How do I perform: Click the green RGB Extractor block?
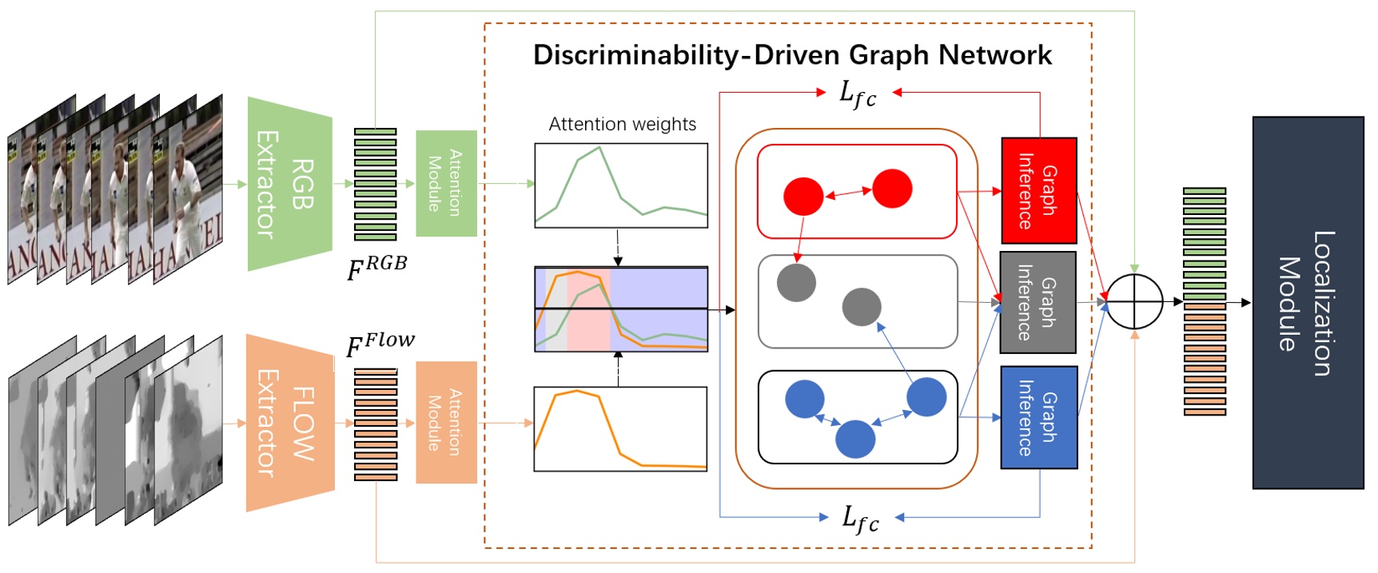289,184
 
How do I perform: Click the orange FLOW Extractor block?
289,423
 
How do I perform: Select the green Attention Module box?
446,183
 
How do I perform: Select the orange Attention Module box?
446,422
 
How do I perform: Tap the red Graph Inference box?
1038,190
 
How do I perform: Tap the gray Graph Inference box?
1037,302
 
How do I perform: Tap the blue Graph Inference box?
1038,417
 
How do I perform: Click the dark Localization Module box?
1307,303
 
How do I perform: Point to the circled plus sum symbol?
1136,302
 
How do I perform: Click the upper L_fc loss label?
858,94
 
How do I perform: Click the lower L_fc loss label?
860,519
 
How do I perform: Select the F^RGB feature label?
376,268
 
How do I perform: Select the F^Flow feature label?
380,344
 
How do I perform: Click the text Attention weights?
622,124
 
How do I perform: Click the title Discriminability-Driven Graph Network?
791,55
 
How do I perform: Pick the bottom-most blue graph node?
855,439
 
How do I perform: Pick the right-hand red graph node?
892,189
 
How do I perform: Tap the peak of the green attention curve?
599,148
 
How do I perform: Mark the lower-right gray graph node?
862,307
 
